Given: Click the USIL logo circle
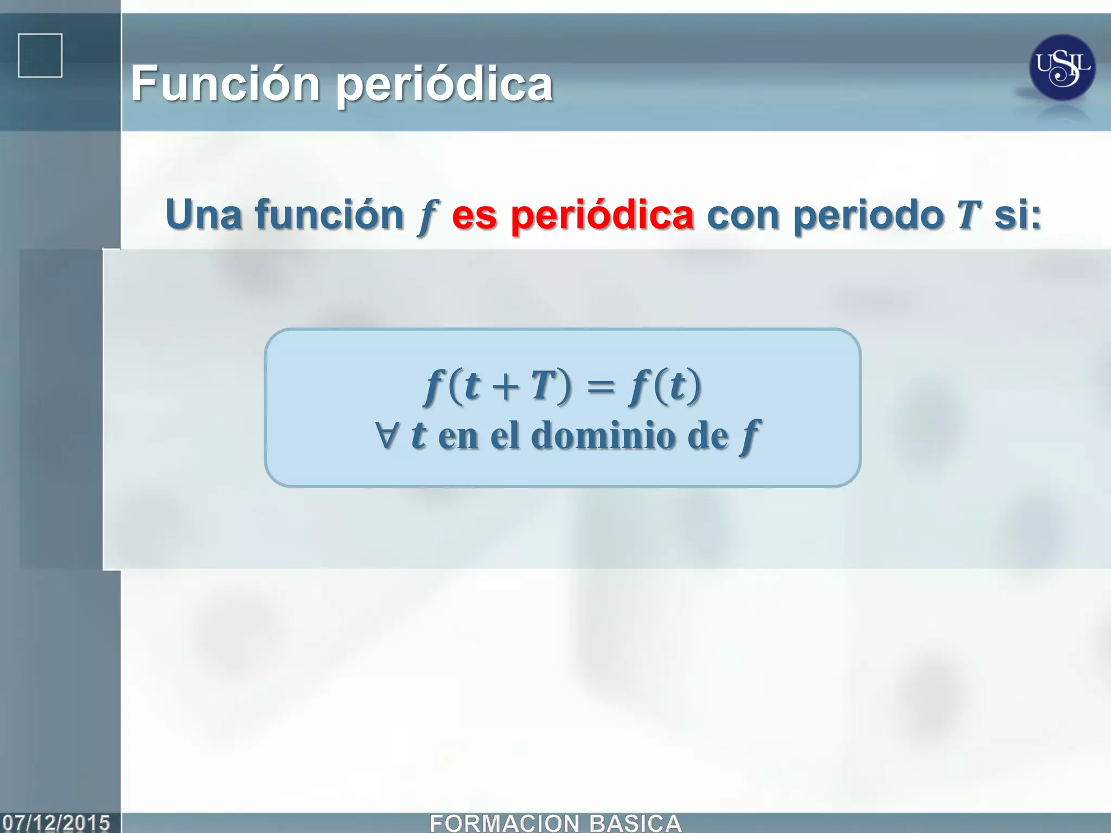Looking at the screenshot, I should [x=1062, y=68].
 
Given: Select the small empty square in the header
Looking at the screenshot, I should [x=40, y=56].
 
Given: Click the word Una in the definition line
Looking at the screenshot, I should [x=203, y=215].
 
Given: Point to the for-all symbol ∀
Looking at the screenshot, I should [x=387, y=435].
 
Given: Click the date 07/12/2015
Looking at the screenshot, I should [x=56, y=823].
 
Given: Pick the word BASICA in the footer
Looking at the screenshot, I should [x=635, y=823].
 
